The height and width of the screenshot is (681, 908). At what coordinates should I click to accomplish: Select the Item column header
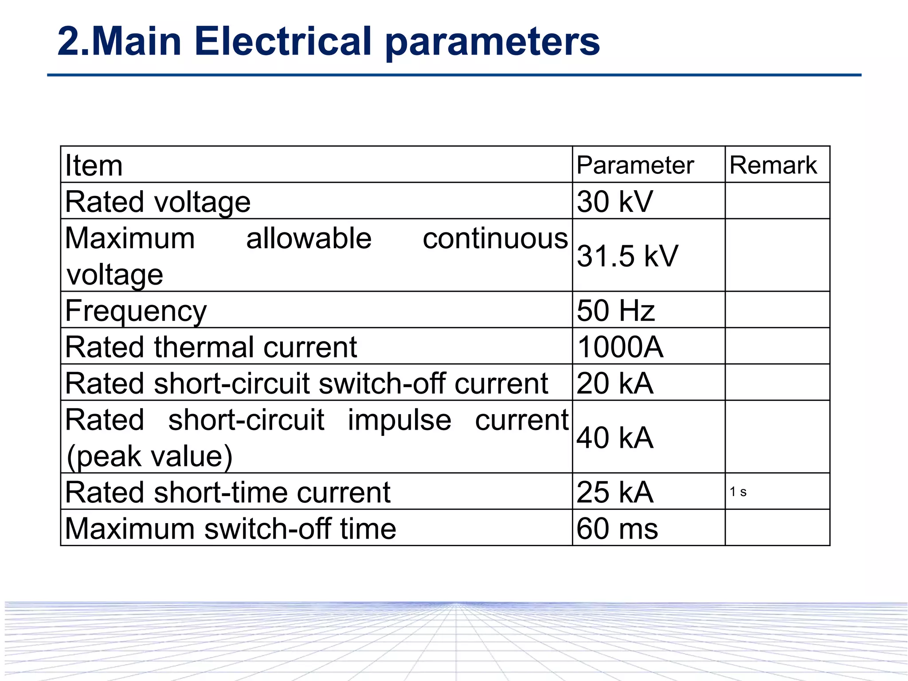coord(94,165)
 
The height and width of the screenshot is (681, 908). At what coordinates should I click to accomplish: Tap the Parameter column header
coord(635,165)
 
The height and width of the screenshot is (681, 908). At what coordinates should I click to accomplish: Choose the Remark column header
coord(773,165)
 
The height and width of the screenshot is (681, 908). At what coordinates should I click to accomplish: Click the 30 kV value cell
coord(614,202)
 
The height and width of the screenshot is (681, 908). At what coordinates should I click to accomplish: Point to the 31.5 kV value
coord(627,256)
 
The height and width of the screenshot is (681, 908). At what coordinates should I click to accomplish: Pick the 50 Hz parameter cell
coord(615,310)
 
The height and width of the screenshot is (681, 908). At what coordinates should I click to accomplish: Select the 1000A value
coord(620,347)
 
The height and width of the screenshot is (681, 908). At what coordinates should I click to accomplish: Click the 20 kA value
coord(614,383)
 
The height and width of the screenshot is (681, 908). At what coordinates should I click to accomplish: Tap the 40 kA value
coord(614,438)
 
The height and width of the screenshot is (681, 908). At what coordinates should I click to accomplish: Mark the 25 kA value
coord(614,492)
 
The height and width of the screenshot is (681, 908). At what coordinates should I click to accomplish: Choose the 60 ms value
coord(617,528)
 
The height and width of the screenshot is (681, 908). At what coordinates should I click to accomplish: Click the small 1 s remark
coord(738,492)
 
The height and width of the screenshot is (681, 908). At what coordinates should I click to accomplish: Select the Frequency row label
coord(136,311)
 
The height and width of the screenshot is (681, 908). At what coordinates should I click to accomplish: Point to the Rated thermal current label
coord(211,347)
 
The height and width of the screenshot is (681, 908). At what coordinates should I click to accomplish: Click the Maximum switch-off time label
coord(230,528)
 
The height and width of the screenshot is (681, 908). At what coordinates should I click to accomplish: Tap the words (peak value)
coord(149,456)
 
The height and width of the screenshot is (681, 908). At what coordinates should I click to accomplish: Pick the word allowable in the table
coord(309,238)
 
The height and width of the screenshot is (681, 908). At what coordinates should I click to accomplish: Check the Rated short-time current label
coord(227,492)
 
